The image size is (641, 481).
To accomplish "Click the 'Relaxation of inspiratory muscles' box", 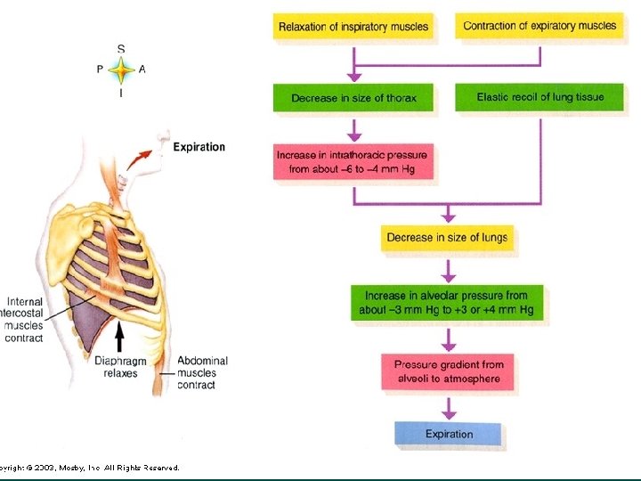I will [353, 27].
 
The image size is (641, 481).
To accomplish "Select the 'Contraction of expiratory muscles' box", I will [540, 26].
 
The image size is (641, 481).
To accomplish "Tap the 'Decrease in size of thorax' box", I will [353, 98].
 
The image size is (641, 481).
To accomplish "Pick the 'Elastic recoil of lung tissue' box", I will [540, 97].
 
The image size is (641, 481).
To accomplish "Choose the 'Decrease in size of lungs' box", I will [447, 238].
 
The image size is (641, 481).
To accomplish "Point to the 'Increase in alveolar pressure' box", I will [446, 303].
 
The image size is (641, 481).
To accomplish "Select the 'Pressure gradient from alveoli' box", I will [448, 371].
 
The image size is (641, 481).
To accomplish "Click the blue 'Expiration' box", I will [448, 434].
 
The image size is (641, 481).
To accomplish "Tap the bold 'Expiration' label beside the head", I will [199, 147].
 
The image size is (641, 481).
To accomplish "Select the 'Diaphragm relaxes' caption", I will [116, 367].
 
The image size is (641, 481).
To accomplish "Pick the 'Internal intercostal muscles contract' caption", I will [24, 320].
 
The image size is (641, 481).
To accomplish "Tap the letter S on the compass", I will [121, 47].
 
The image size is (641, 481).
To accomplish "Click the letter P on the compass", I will [100, 69].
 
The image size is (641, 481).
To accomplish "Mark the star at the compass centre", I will [121, 69].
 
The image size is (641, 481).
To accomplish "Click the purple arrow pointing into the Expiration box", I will [449, 409].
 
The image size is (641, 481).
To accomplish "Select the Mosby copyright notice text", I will [89, 467].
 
